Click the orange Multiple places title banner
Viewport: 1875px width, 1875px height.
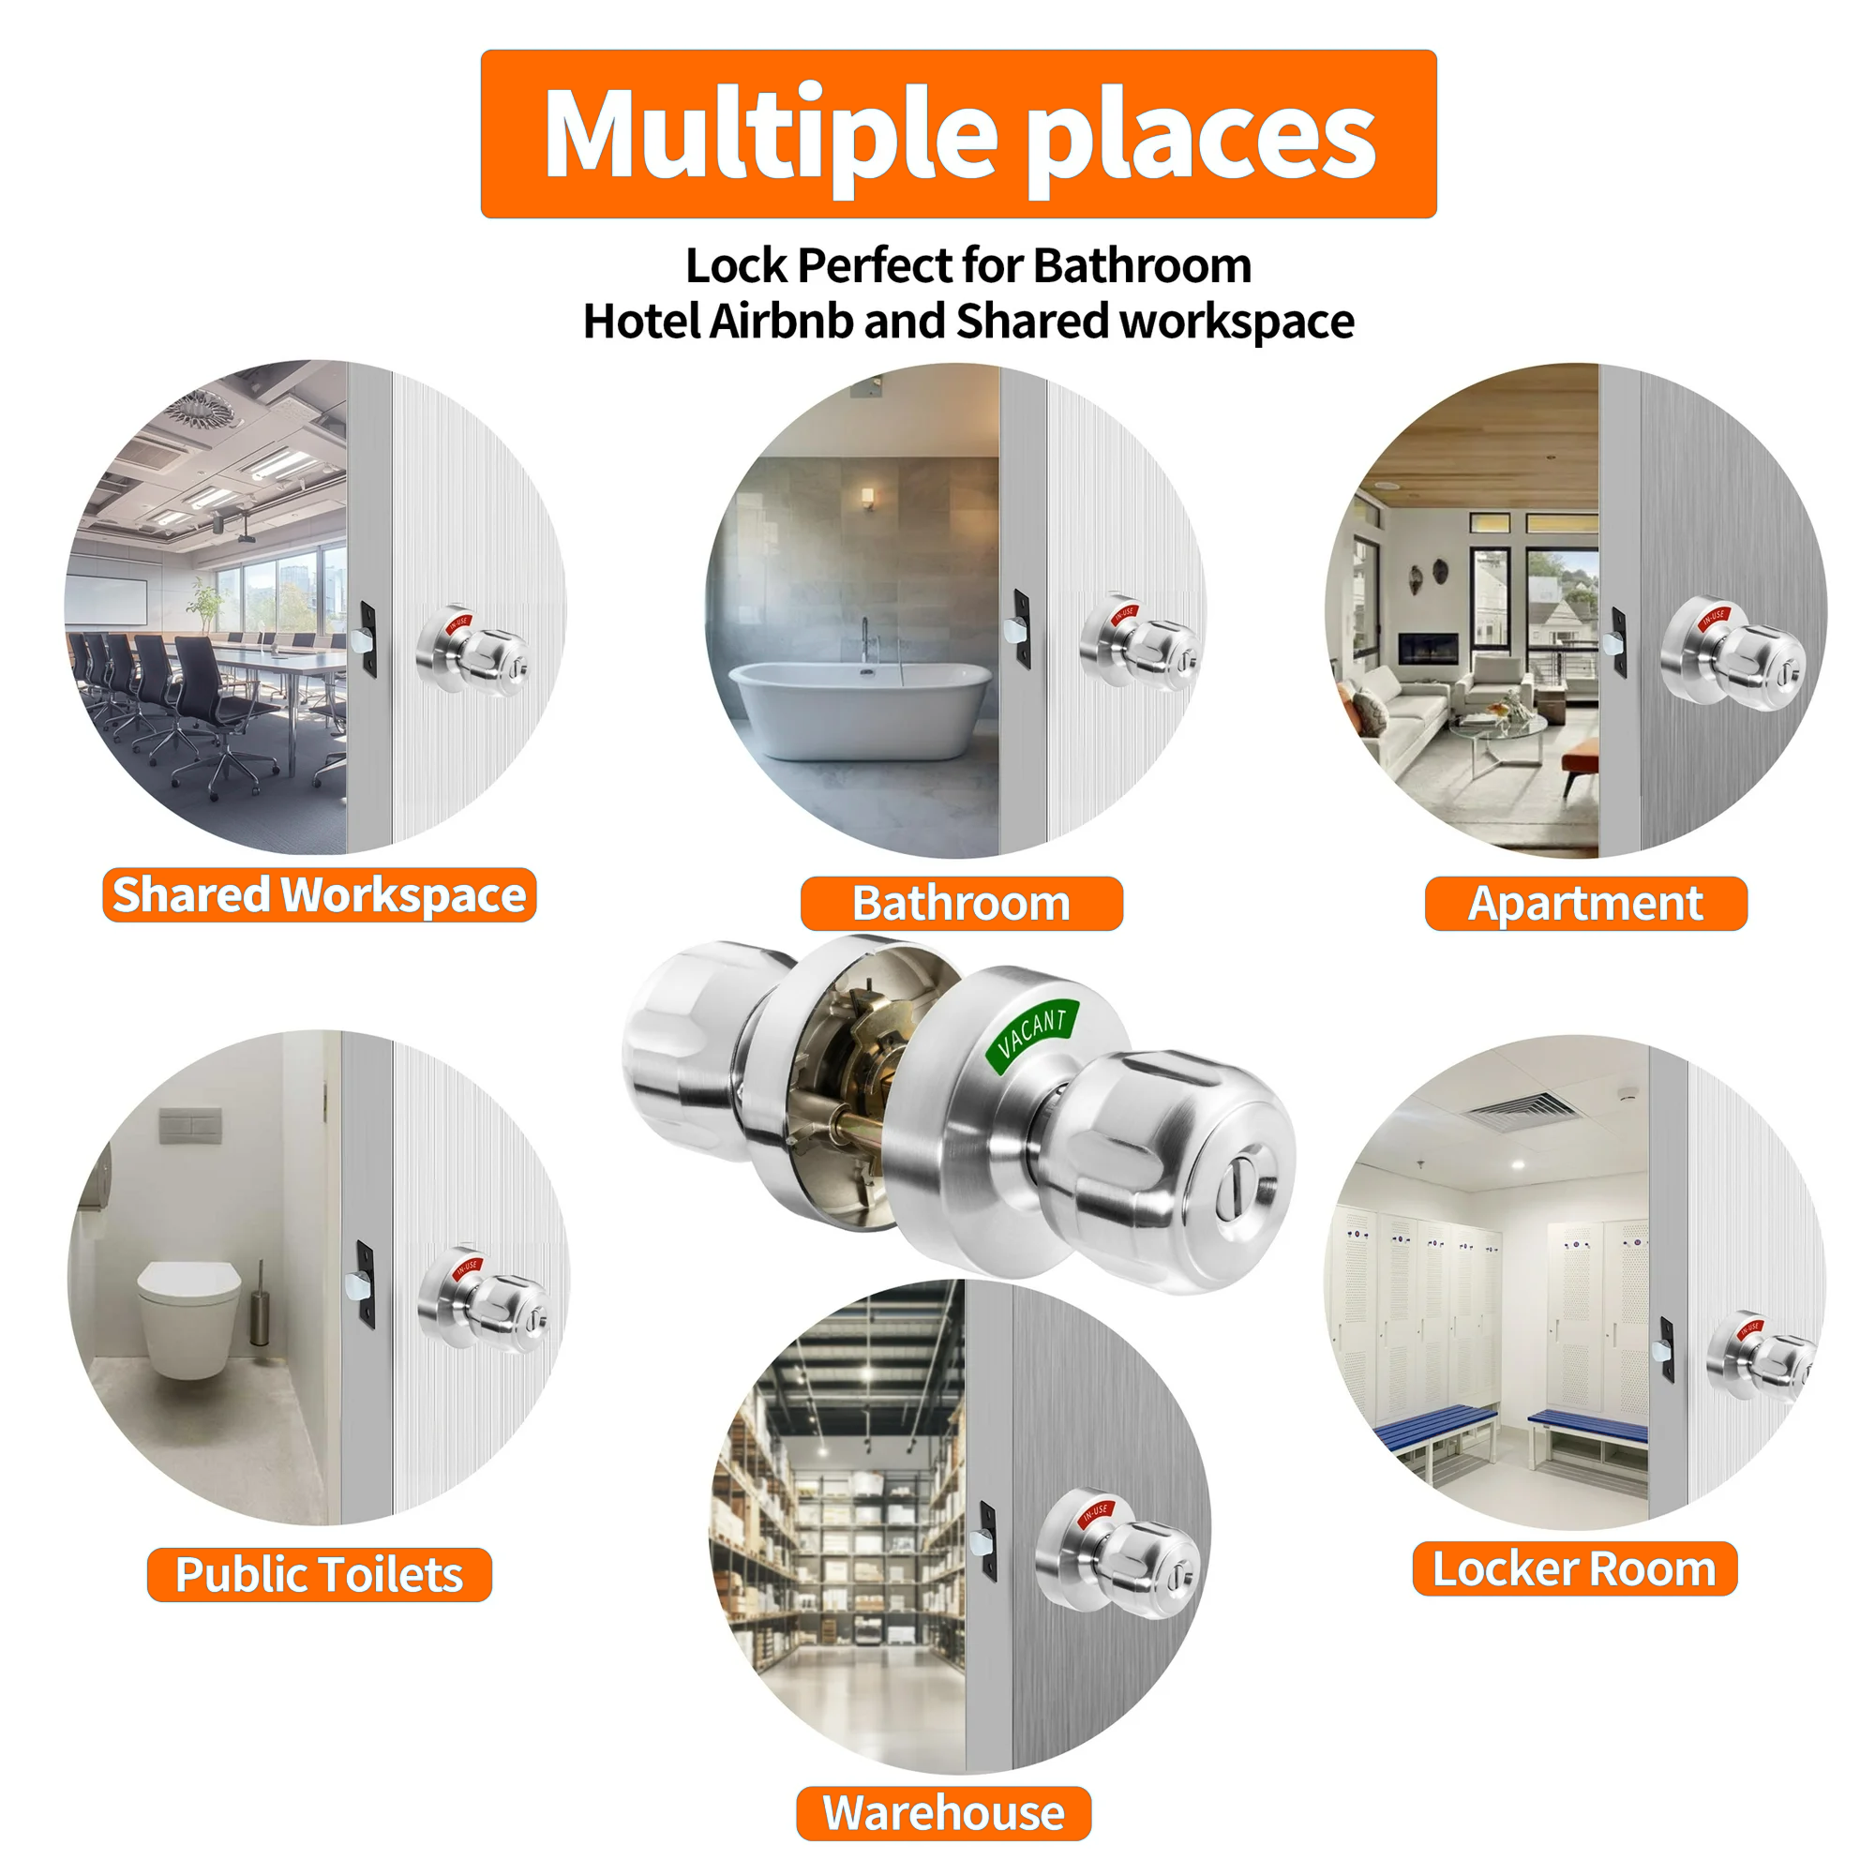958,134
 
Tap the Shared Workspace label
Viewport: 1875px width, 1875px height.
320,894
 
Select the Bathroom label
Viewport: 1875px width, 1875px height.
961,904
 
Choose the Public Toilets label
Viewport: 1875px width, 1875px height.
320,1574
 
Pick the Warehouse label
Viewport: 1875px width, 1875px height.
943,1813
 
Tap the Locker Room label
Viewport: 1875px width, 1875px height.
1574,1568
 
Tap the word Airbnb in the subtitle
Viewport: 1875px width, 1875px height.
780,322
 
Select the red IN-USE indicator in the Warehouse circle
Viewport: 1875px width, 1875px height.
1096,1514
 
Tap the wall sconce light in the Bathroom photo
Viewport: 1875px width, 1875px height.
867,498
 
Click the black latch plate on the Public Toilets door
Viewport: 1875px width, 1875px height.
365,1284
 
